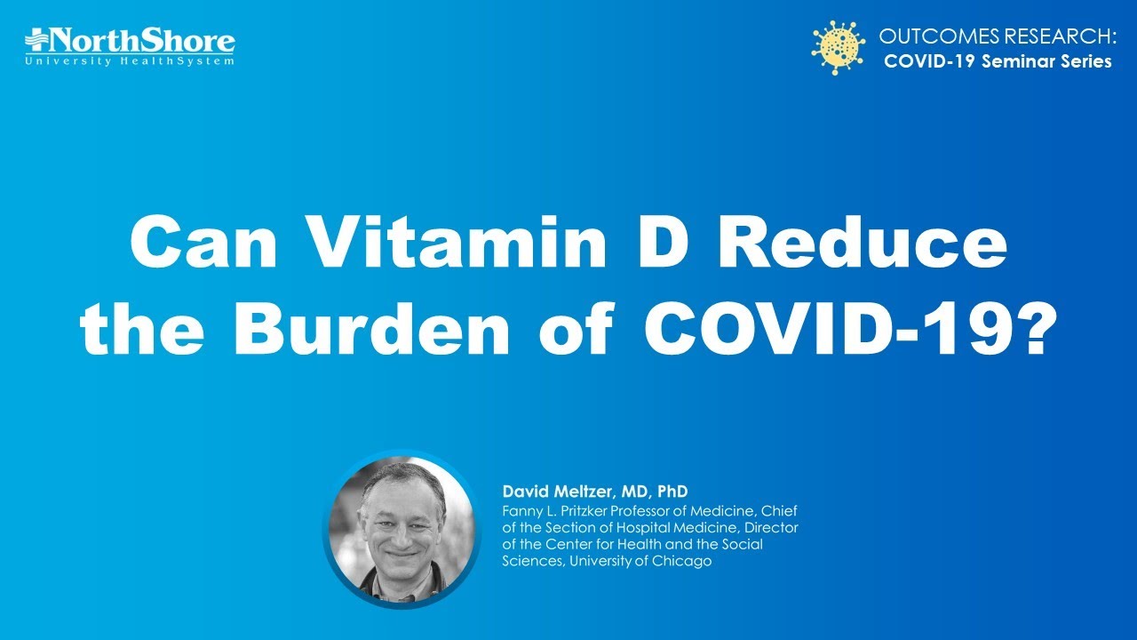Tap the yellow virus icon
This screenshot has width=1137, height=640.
(x=838, y=48)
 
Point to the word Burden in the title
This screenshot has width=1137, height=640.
(x=371, y=328)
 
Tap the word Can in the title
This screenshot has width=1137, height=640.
(x=203, y=243)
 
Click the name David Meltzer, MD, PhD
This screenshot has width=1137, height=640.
(x=595, y=492)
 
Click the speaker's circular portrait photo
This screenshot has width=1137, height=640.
(x=402, y=529)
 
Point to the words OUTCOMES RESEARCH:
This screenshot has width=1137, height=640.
(x=998, y=36)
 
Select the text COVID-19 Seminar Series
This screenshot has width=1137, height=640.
(x=998, y=61)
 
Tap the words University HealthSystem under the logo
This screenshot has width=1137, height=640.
(x=130, y=61)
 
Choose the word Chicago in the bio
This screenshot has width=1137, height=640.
(x=681, y=561)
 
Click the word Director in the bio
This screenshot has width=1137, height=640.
(x=772, y=527)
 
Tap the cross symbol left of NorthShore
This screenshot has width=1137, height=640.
(x=36, y=40)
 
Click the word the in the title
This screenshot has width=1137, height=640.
(x=141, y=328)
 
